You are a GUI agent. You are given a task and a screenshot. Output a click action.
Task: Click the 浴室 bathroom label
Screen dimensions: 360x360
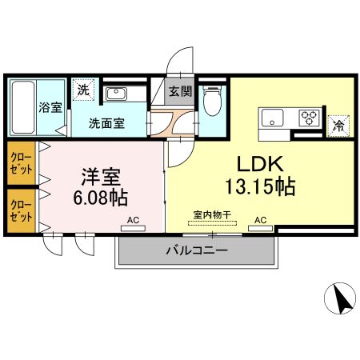pos(50,108)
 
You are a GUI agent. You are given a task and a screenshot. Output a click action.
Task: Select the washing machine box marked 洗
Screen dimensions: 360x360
pos(82,90)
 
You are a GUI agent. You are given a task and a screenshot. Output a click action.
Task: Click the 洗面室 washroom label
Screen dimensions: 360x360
pos(105,123)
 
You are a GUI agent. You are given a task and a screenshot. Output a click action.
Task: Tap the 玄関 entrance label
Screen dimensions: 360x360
pos(181,91)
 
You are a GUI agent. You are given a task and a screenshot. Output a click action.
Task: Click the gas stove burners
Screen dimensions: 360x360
pos(309,118)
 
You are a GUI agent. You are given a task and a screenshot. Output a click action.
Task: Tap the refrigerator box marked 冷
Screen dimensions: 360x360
pos(338,124)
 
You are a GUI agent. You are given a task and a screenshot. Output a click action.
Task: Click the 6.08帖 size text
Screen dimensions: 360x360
pos(102,196)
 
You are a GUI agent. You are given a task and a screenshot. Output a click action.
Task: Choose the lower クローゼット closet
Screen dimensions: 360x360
pos(21,210)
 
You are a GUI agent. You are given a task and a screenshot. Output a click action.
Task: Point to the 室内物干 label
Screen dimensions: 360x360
pos(213,214)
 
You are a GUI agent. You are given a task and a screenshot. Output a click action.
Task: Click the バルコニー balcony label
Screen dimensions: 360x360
pos(197,250)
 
